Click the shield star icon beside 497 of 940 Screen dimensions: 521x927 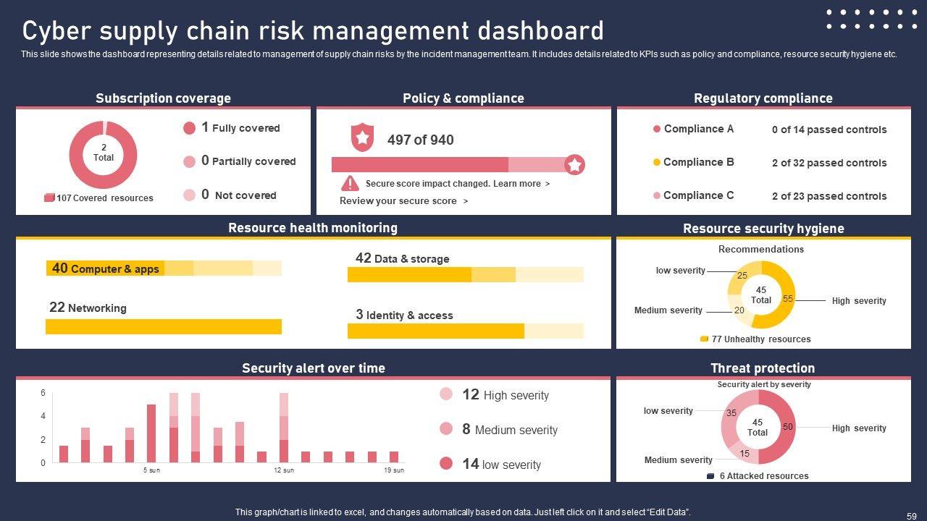tap(362, 137)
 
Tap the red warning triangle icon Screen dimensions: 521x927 tap(350, 183)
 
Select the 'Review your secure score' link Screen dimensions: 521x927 tap(403, 200)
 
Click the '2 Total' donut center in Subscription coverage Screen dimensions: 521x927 tap(103, 153)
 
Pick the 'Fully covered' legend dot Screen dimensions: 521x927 tap(190, 128)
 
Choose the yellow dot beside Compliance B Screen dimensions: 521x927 tap(657, 162)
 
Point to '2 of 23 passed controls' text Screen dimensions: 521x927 tap(829, 196)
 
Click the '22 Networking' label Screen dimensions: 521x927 tap(88, 308)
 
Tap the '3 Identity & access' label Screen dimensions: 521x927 tap(404, 315)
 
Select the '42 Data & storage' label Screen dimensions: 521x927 tap(402, 258)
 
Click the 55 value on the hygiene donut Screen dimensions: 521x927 tap(788, 298)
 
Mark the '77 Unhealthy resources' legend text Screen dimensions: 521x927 tap(760, 339)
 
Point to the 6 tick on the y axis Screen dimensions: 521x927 tap(43, 393)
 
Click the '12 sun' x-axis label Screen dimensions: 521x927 tap(284, 470)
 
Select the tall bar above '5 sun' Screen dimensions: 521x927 tap(151, 433)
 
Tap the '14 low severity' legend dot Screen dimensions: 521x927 tap(446, 463)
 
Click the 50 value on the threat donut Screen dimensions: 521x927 tap(788, 427)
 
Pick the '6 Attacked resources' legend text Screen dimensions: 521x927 tap(763, 475)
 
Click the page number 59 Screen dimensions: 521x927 tap(911, 516)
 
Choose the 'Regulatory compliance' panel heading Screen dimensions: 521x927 tap(763, 98)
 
